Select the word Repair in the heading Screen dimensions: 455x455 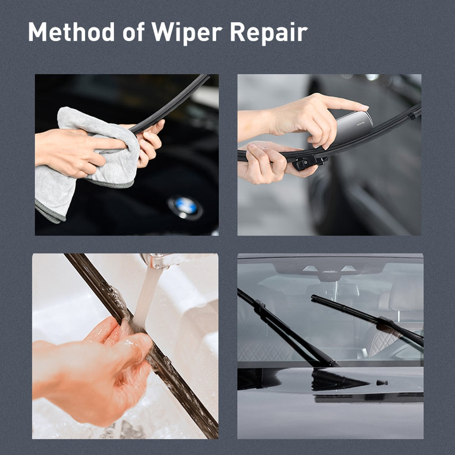coord(268,32)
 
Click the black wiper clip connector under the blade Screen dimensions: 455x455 coord(309,161)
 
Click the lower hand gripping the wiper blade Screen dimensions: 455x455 coord(264,164)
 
